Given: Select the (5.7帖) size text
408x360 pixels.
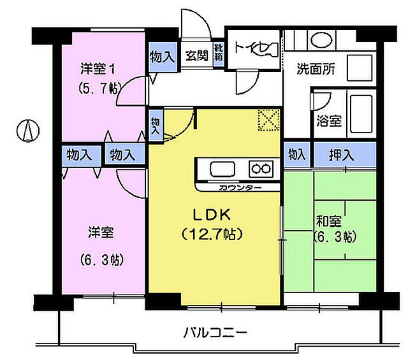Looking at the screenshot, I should point(98,89).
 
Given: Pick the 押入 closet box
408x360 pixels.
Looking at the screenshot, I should point(342,154).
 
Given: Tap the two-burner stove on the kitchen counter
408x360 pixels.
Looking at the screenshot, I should point(261,169).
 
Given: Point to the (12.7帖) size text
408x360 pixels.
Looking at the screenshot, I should point(211,234).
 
